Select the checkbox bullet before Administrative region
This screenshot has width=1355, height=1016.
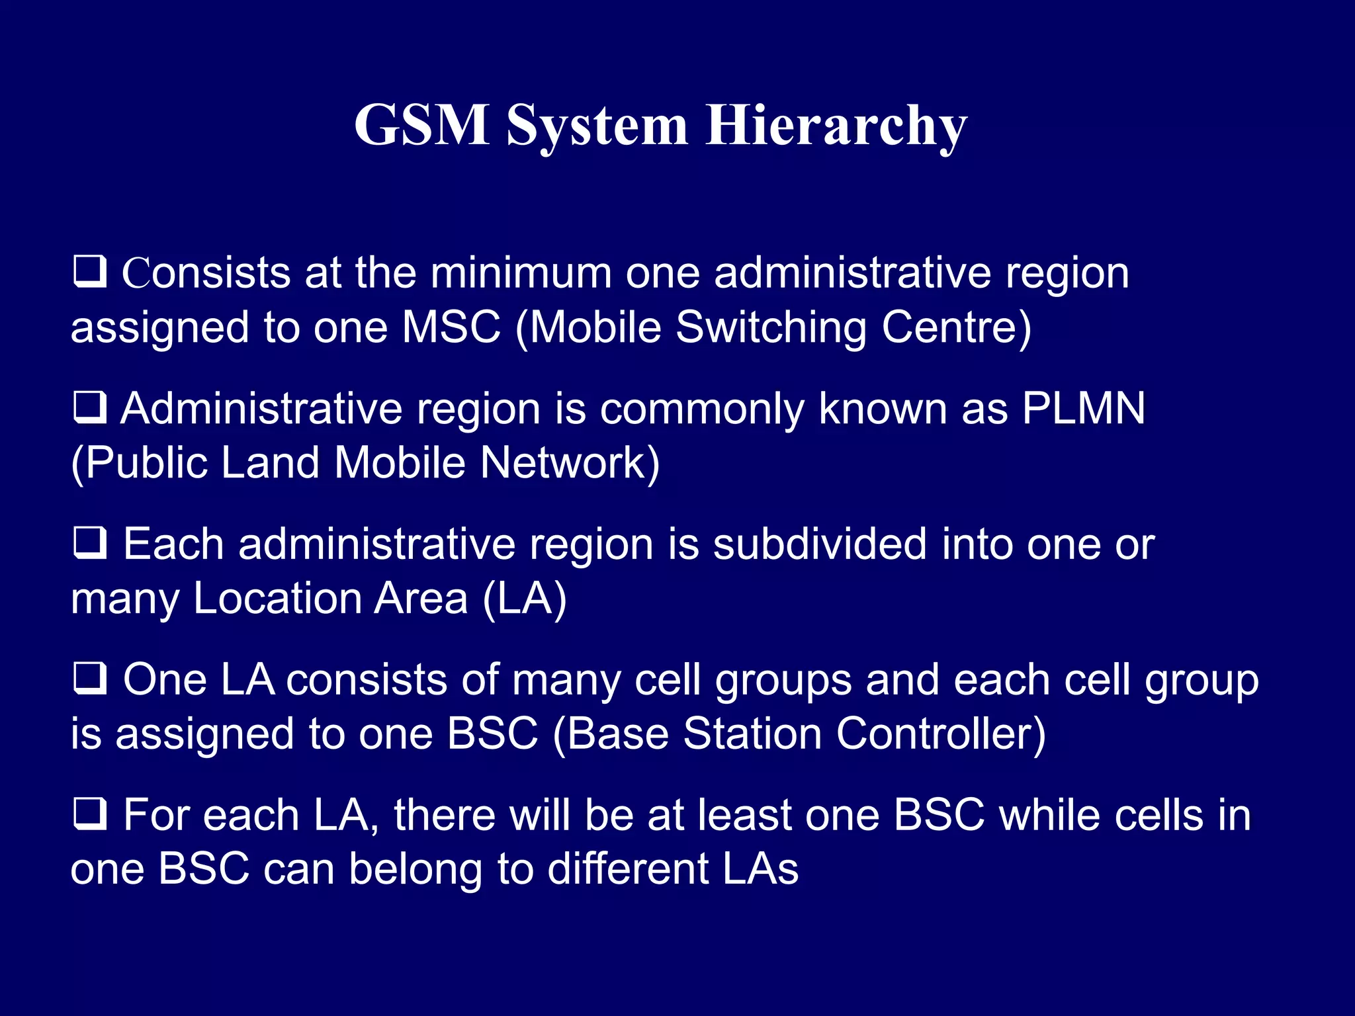coord(89,407)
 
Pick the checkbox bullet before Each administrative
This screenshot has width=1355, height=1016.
coord(89,543)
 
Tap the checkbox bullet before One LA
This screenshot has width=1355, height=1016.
coord(89,679)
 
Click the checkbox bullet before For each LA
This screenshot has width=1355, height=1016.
coord(89,814)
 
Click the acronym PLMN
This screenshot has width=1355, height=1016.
coord(1083,408)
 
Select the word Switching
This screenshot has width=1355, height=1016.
coord(771,328)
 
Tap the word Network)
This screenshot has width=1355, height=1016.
coord(570,462)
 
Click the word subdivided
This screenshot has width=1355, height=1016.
coord(820,544)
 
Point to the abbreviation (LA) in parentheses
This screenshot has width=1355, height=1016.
coord(525,599)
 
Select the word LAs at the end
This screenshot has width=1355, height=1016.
coord(760,868)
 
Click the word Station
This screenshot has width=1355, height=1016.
coord(752,734)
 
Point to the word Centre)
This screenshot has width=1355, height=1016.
coord(956,327)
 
